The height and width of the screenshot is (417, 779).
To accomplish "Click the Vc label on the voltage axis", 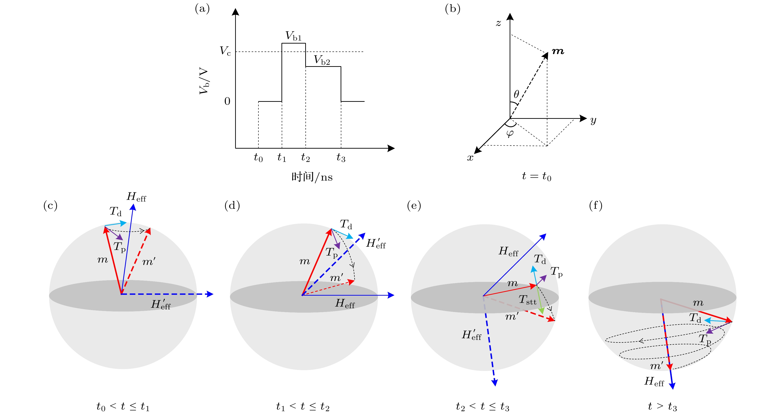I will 225,51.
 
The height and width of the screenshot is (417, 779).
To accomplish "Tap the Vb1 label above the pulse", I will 293,36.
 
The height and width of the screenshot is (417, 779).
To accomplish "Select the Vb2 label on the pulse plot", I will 322,60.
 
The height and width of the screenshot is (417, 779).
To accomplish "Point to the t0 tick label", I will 258,158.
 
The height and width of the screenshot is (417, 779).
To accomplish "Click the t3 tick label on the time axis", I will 341,158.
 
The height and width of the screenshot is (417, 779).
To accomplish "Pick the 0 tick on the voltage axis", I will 227,101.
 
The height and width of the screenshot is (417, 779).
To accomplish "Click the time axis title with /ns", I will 312,177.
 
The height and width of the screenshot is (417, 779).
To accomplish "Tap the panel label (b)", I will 452,9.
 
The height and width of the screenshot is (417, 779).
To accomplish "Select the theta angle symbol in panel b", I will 517,94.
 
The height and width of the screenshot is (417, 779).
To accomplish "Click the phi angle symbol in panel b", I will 510,133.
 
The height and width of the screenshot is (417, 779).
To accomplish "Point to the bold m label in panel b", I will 558,51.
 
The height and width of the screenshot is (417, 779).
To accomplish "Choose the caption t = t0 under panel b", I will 536,176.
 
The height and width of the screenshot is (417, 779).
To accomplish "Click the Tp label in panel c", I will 119,247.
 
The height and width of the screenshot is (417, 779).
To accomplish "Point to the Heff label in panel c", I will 136,197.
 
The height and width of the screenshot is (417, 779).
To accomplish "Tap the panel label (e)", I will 414,206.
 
